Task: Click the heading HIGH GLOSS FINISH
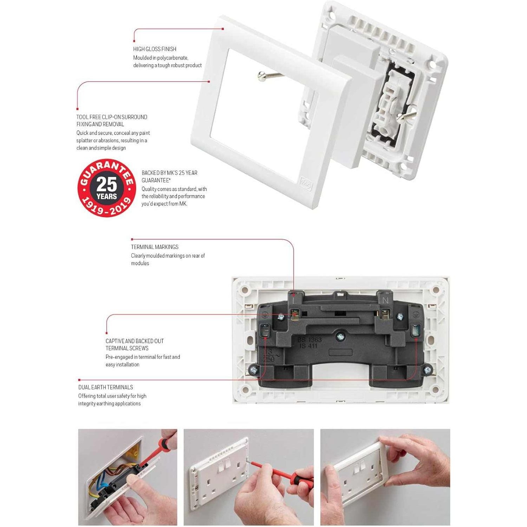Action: pyautogui.click(x=155, y=49)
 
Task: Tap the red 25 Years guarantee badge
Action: pyautogui.click(x=106, y=188)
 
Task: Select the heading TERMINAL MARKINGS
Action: pyautogui.click(x=155, y=247)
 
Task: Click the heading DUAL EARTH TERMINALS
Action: pyautogui.click(x=105, y=387)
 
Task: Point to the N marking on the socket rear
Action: pyautogui.click(x=385, y=301)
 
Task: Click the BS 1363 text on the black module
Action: pyautogui.click(x=310, y=340)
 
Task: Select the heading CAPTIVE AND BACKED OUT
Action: pyautogui.click(x=135, y=341)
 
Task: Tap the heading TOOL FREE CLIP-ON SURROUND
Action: pyautogui.click(x=112, y=117)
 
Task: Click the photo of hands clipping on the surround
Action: pyautogui.click(x=385, y=477)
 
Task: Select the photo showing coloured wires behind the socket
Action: pyautogui.click(x=128, y=477)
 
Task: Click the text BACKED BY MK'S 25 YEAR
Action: pyautogui.click(x=169, y=173)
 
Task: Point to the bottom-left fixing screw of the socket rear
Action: pyautogui.click(x=252, y=370)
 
